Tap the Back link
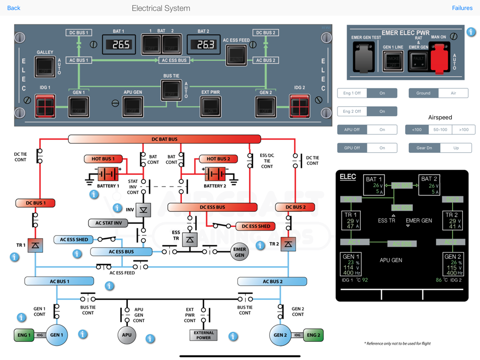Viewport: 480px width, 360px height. tap(14, 8)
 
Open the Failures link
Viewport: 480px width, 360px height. tap(462, 8)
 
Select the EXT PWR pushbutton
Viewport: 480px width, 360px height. tap(210, 106)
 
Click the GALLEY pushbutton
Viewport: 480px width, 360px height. tap(44, 66)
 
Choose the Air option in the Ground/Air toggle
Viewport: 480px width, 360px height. tap(453, 93)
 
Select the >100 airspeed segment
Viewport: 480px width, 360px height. tap(463, 129)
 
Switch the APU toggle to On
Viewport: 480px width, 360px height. tap(382, 129)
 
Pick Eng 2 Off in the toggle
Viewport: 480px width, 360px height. tap(352, 111)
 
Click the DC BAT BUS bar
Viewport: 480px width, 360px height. tap(164, 139)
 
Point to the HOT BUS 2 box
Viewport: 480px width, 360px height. tap(218, 159)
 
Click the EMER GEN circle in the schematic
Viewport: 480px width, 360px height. tap(239, 252)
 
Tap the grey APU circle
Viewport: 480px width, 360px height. tap(127, 335)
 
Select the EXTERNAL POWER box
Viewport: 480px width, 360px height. tap(204, 335)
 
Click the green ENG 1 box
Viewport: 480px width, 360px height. tap(24, 335)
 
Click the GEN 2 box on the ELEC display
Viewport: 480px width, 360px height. tap(452, 264)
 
